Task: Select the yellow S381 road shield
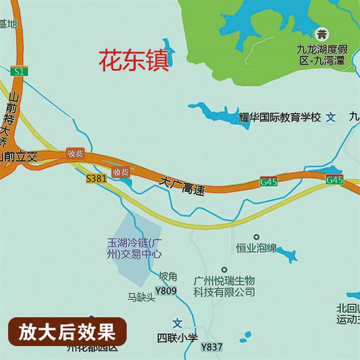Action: point(96,179)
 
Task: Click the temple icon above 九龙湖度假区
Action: point(322,34)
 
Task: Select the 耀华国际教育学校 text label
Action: point(279,118)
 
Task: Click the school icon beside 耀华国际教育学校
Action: point(331,118)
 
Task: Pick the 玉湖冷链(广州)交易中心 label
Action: point(134,248)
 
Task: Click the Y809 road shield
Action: point(166,291)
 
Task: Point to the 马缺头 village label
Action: point(141,297)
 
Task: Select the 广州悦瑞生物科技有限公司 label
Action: point(224,286)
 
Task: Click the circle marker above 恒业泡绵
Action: point(256,237)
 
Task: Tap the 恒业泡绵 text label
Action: point(256,248)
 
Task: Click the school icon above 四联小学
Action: point(178,323)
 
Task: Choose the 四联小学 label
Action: point(178,337)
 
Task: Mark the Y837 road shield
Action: point(211,347)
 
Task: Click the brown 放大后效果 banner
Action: point(67,333)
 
